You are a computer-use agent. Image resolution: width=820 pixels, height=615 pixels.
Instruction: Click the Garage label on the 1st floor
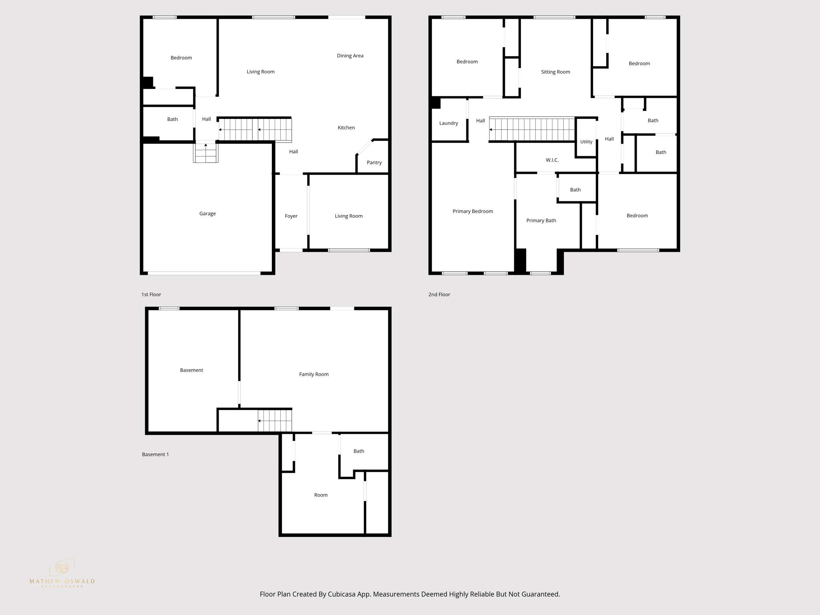[207, 213]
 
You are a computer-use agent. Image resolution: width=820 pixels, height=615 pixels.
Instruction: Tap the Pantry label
[374, 162]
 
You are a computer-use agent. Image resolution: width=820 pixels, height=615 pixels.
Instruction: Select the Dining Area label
[350, 56]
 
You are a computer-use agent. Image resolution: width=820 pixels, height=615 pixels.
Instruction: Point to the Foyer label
[291, 216]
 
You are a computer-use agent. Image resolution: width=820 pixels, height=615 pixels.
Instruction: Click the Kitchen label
[346, 127]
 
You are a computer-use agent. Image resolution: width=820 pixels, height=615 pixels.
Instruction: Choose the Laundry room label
[448, 123]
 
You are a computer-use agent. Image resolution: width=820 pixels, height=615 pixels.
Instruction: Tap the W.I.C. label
[552, 160]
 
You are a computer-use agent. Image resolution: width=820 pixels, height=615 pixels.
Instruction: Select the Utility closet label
[586, 142]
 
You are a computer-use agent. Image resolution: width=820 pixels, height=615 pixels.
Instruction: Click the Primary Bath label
[541, 220]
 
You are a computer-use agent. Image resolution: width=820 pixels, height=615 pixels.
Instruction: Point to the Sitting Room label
[555, 72]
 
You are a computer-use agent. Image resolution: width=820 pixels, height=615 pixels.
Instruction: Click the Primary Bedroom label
[472, 211]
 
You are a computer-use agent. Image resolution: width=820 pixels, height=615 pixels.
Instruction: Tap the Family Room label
[314, 374]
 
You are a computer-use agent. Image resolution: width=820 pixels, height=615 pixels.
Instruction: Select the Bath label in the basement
[358, 451]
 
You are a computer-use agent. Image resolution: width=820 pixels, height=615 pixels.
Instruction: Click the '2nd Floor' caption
[439, 294]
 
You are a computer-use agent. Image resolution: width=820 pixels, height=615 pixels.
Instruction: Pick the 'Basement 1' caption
[155, 454]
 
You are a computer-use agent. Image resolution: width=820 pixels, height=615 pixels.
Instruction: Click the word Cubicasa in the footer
[342, 594]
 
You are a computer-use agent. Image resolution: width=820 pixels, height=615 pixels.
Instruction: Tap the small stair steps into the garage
[206, 153]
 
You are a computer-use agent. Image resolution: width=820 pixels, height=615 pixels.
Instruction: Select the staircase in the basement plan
[275, 421]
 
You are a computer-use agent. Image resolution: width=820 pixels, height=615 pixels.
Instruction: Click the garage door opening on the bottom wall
[204, 273]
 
